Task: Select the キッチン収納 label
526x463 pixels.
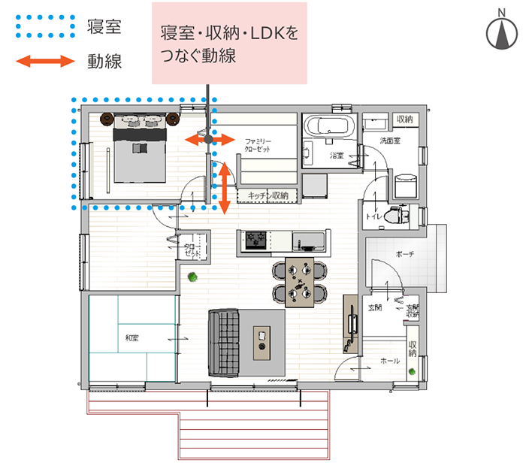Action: point(268,195)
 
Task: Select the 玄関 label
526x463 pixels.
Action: point(376,307)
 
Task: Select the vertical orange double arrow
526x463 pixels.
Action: point(223,186)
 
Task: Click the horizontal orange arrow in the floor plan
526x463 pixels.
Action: point(209,140)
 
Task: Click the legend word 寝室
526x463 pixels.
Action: point(104,29)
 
